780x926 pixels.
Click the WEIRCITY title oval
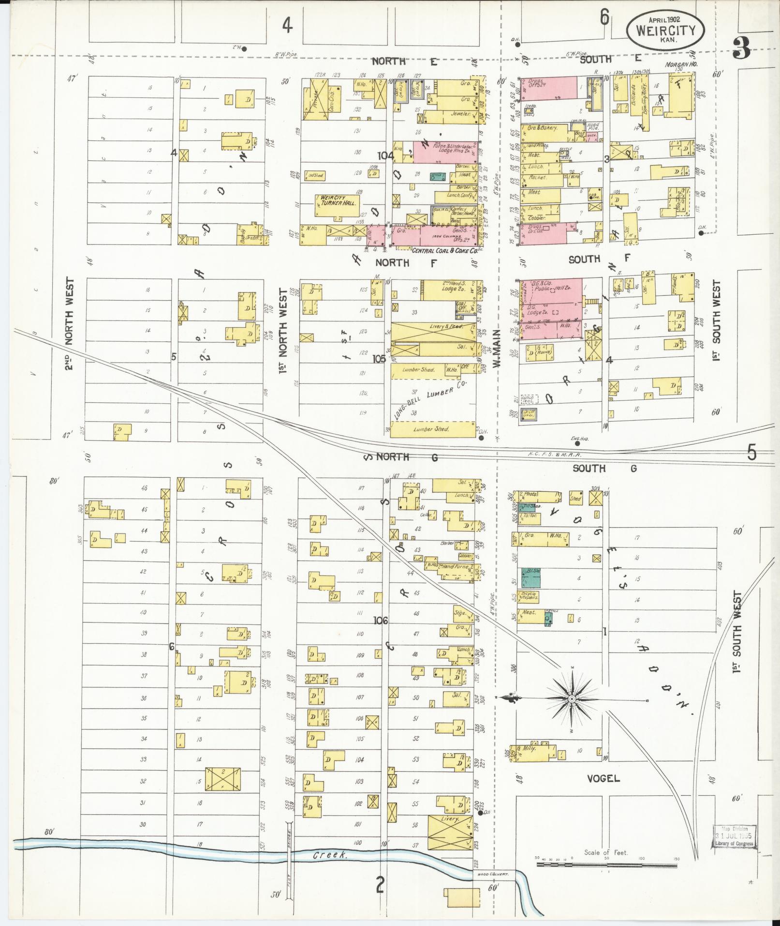[665, 30]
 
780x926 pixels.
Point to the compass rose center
[571, 698]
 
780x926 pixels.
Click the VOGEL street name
[603, 779]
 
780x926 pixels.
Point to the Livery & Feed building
[433, 332]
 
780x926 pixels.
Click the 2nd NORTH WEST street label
[70, 324]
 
